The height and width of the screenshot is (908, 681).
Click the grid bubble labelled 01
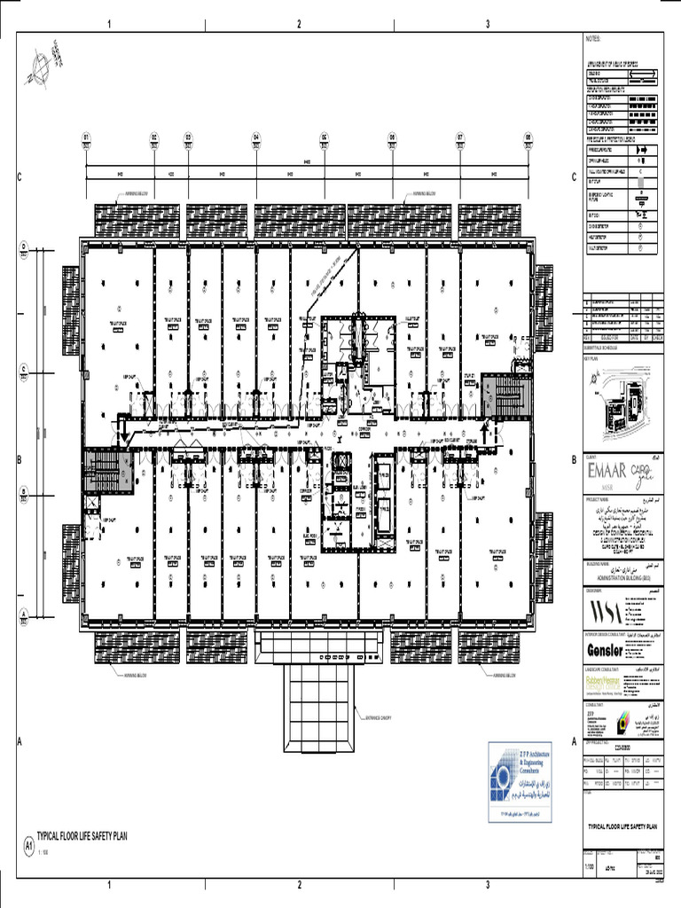(x=87, y=138)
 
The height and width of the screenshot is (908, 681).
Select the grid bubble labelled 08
(x=528, y=138)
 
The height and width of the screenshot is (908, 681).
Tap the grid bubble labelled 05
(x=325, y=138)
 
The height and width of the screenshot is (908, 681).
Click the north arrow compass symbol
(x=40, y=67)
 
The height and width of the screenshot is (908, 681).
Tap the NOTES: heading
(x=592, y=40)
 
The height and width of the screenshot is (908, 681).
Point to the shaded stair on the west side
(x=102, y=468)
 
